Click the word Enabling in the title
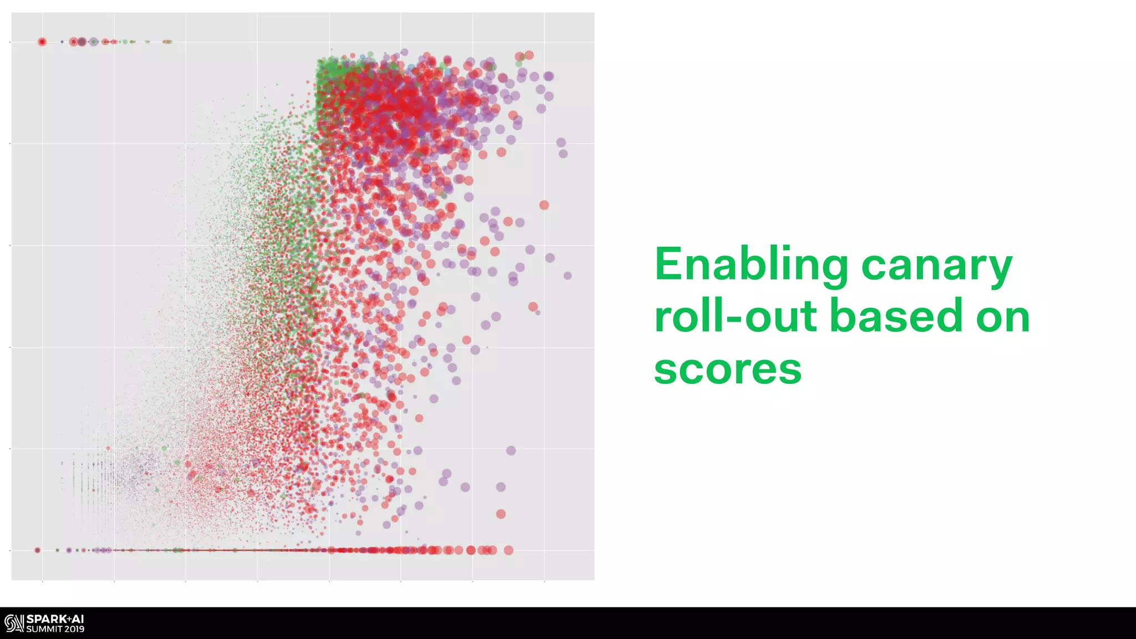pyautogui.click(x=750, y=265)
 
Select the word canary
pyautogui.click(x=936, y=265)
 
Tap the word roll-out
pyautogui.click(x=734, y=316)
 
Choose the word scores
pyautogui.click(x=727, y=369)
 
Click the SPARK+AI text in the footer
pyautogui.click(x=55, y=619)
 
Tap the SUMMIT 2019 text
pyautogui.click(x=55, y=630)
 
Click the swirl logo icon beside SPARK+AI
pyautogui.click(x=14, y=623)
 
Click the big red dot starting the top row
pyautogui.click(x=42, y=42)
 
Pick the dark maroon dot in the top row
pyautogui.click(x=82, y=42)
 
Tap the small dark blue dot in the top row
pyautogui.click(x=62, y=42)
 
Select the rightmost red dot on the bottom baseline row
pyautogui.click(x=508, y=550)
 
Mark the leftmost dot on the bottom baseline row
pyautogui.click(x=37, y=550)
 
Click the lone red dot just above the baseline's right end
pyautogui.click(x=500, y=514)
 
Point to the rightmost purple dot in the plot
pyautogui.click(x=567, y=276)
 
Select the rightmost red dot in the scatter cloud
pyautogui.click(x=544, y=205)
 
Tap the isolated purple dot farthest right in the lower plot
pyautogui.click(x=511, y=450)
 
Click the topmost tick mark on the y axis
pyautogui.click(x=10, y=42)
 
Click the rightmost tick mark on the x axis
pyautogui.click(x=544, y=581)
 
